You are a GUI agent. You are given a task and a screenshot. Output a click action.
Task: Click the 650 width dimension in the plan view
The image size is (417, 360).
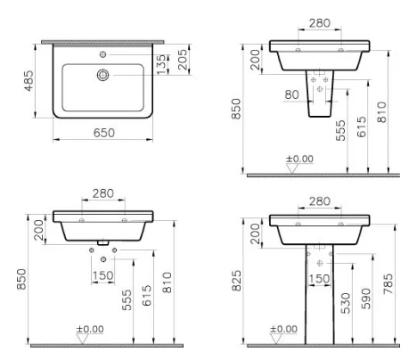[x=104, y=132]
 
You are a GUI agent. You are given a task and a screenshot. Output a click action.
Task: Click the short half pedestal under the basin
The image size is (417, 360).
[x=320, y=94]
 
